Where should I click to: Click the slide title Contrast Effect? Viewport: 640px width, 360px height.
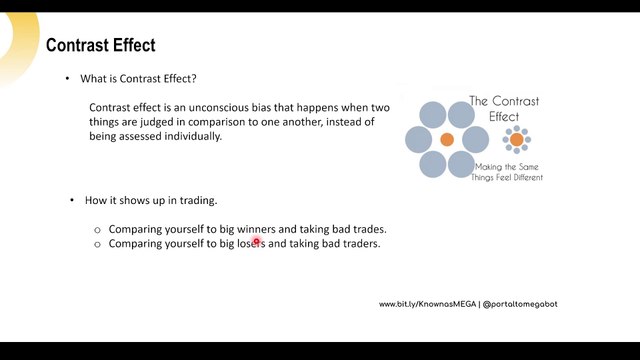100,45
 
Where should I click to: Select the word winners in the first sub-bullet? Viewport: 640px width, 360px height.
256,229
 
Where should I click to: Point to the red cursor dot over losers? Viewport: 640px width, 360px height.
256,241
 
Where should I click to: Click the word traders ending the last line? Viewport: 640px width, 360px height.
361,244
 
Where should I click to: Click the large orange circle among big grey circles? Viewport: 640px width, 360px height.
447,140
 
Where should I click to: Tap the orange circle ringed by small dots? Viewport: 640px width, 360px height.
517,140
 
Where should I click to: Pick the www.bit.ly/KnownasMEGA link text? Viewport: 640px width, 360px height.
427,304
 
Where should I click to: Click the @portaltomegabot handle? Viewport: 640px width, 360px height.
520,304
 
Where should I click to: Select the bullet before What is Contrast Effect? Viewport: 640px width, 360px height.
67,78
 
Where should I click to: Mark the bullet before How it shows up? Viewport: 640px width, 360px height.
72,200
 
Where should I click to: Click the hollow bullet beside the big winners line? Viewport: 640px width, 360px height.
97,230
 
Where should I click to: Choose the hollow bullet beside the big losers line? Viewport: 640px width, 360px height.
97,244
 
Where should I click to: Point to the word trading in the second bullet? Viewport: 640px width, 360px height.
198,201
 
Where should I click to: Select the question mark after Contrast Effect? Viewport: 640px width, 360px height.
193,78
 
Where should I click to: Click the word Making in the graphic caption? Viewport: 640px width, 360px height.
488,167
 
